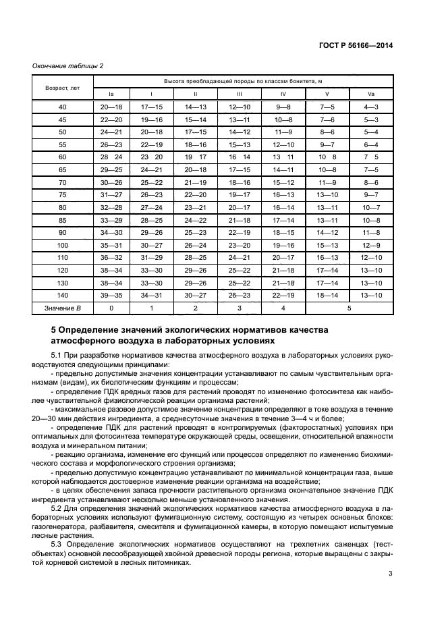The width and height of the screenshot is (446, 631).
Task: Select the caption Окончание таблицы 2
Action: [x=68, y=65]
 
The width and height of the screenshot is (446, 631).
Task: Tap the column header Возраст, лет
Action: [x=63, y=88]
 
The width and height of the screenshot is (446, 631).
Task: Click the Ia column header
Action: [x=111, y=94]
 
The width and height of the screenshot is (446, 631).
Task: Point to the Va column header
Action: [x=371, y=94]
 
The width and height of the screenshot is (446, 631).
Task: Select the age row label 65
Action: [x=63, y=169]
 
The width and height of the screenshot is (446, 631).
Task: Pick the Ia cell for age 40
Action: [x=111, y=107]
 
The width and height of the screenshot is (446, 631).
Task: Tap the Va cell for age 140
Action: [x=371, y=295]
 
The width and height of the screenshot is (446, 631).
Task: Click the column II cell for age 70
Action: [x=196, y=182]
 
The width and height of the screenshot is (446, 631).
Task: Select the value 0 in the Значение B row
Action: [x=111, y=308]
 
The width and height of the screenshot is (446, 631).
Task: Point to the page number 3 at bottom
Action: [x=390, y=574]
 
